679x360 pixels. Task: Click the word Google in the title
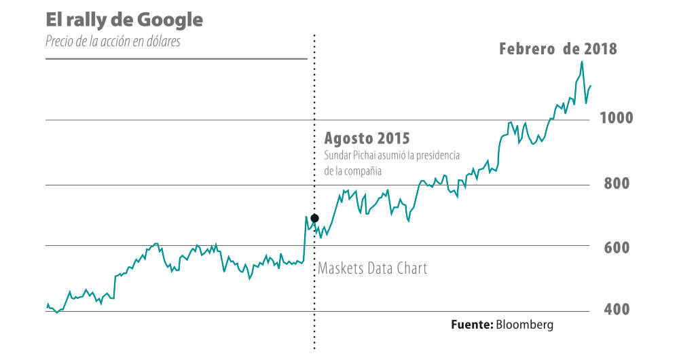point(166,20)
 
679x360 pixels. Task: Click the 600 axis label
point(617,247)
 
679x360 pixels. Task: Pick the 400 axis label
point(617,310)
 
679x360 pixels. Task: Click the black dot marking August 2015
point(314,218)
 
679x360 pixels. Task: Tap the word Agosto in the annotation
point(350,138)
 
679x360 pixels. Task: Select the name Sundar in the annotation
point(339,156)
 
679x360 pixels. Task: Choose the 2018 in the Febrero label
point(600,49)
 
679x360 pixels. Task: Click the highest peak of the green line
point(582,62)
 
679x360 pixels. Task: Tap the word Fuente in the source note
point(471,325)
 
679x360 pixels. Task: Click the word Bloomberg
point(525,325)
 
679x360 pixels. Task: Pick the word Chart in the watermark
point(409,268)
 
